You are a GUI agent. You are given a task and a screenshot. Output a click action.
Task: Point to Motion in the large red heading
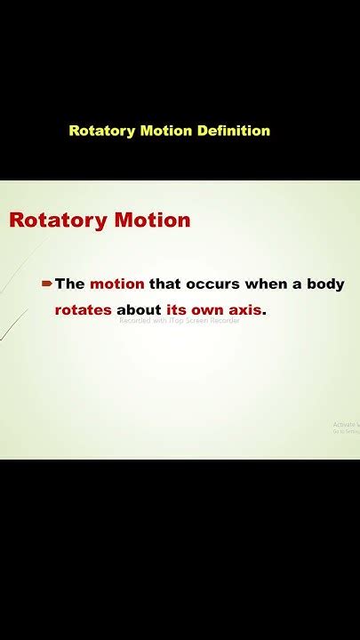153,220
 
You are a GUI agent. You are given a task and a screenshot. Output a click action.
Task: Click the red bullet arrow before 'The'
46,284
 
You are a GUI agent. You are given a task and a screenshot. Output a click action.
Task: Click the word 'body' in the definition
325,284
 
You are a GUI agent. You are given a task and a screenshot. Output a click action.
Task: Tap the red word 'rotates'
84,310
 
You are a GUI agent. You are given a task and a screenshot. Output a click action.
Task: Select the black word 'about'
139,310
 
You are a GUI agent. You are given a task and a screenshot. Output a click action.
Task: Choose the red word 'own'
212,310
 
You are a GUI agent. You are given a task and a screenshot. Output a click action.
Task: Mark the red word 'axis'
250,310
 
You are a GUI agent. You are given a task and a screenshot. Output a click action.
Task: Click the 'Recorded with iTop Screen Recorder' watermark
180,321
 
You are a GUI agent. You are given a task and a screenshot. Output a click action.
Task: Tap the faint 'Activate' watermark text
346,425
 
